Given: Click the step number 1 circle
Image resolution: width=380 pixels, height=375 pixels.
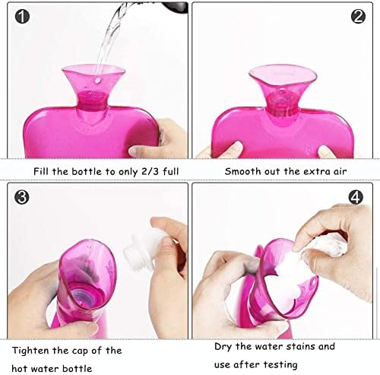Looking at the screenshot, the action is [x=22, y=17].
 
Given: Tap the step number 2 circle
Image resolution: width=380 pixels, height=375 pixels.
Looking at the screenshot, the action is [x=358, y=17].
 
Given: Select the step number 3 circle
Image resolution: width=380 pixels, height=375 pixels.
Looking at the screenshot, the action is [x=22, y=197].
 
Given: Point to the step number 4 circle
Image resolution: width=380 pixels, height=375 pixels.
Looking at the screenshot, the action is [x=356, y=197].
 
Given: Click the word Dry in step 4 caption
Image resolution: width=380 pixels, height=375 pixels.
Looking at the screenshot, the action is [x=223, y=347].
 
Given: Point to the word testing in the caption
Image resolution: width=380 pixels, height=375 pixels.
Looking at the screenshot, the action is [x=280, y=365].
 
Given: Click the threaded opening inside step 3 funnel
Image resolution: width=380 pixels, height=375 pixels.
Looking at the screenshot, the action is [x=85, y=294].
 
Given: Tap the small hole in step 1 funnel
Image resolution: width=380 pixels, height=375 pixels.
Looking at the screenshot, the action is [x=97, y=81].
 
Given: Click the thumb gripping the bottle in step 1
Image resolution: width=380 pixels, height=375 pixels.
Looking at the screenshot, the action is [x=142, y=150].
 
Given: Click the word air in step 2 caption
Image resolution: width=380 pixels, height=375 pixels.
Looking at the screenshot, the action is [x=340, y=171].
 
